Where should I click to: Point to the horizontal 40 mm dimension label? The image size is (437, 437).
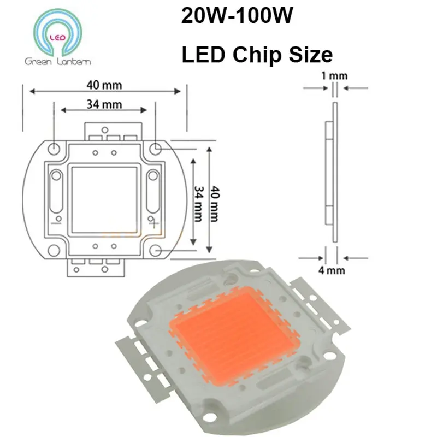point(103,85)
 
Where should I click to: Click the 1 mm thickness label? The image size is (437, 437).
point(334,75)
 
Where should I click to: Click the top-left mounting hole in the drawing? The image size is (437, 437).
point(54,148)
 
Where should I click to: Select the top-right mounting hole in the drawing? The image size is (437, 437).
point(156,148)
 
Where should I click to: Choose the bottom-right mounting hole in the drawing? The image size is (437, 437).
point(156,250)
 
